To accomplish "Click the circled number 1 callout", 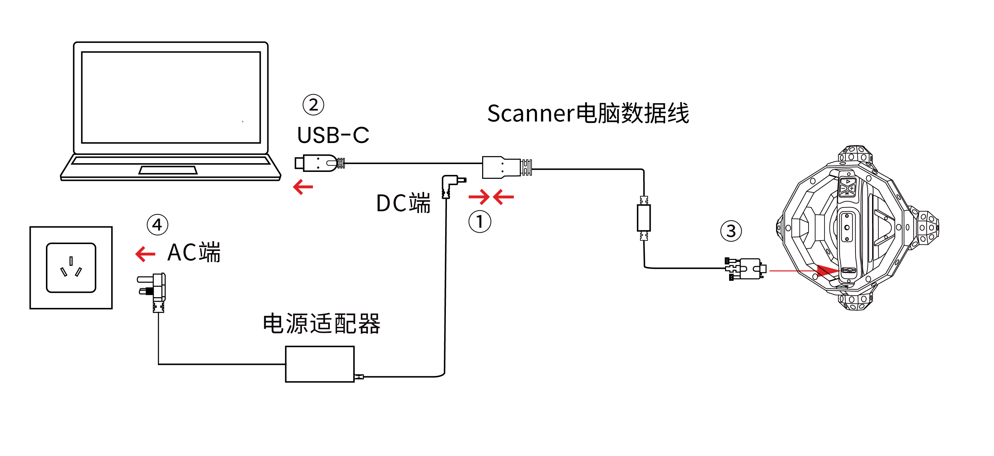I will coord(480,222).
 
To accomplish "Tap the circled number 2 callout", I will coord(313,105).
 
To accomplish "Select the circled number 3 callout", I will coord(731,231).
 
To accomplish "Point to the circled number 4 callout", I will coord(157,224).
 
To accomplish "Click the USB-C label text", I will coord(333,135).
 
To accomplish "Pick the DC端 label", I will coord(403,203).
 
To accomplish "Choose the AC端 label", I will coord(194,253).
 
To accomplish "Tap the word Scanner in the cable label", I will coord(531,114).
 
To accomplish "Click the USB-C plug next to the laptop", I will coord(317,163).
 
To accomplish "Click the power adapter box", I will coord(319,364).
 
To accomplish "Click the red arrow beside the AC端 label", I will coord(145,254).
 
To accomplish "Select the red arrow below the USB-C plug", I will coord(303,187).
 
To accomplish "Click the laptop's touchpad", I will coord(168,170).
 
